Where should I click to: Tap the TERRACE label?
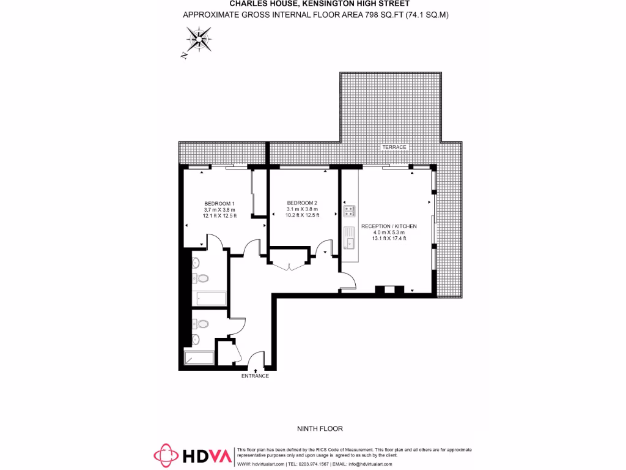click(x=394, y=147)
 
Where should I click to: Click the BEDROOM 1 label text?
click(x=219, y=203)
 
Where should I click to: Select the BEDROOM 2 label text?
click(x=303, y=203)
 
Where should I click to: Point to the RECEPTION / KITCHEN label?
click(x=389, y=226)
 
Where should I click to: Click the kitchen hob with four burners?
click(x=350, y=211)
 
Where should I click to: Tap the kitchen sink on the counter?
click(x=350, y=238)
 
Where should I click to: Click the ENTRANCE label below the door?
click(x=255, y=376)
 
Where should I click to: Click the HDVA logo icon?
click(x=166, y=455)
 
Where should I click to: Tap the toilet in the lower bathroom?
click(x=202, y=324)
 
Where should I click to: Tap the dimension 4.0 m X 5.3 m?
click(x=389, y=233)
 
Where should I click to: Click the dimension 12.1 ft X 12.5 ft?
click(x=219, y=215)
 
